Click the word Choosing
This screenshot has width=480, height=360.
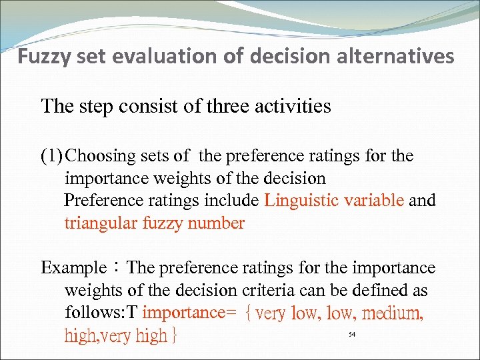pyautogui.click(x=102, y=157)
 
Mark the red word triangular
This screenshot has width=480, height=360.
pyautogui.click(x=100, y=223)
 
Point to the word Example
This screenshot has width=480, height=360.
pyautogui.click(x=73, y=269)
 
